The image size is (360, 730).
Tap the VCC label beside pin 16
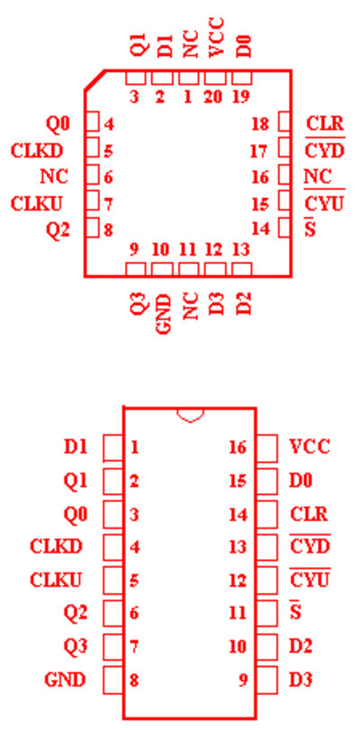[x=310, y=447]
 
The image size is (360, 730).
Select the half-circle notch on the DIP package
[x=190, y=415]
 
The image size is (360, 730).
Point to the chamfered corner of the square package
[x=94, y=80]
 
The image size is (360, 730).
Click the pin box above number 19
[x=242, y=77]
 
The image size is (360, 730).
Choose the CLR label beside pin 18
[x=325, y=124]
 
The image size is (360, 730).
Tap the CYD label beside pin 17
[x=325, y=151]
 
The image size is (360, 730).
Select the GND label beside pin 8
[x=65, y=680]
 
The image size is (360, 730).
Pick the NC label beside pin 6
[x=54, y=176]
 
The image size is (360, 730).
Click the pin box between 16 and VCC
[x=267, y=448]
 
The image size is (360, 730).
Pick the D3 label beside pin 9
[x=301, y=680]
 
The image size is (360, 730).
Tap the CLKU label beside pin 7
[x=36, y=203]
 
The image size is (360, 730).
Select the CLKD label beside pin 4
[x=56, y=546]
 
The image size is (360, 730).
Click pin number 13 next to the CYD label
[x=238, y=547]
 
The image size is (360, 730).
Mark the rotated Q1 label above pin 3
[x=139, y=45]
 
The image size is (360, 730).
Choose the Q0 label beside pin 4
[x=58, y=124]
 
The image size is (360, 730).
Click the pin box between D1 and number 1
[x=112, y=448]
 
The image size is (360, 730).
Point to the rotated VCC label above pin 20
[x=216, y=37]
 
